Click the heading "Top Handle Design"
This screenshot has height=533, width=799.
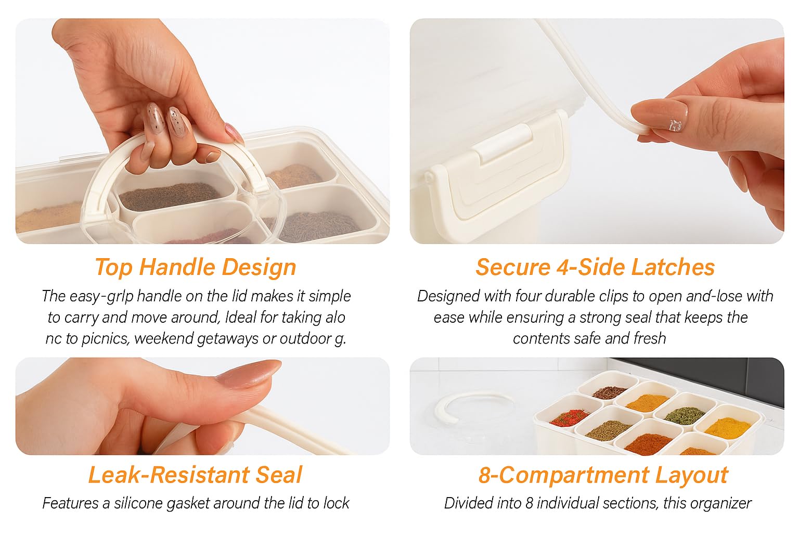pos(196,268)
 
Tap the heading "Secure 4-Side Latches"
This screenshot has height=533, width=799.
pos(595,267)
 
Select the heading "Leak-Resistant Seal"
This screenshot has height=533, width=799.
pos(195,475)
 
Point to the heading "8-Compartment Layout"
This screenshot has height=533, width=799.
pos(603,475)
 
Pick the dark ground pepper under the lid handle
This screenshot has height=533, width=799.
pos(170,196)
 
